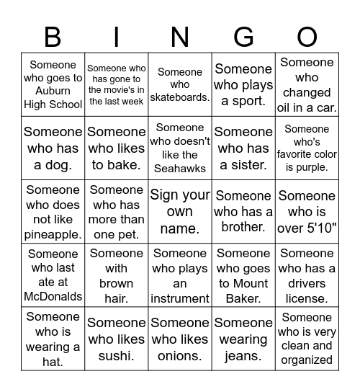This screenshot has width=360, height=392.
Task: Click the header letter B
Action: click(53, 36)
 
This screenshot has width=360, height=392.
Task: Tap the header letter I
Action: click(117, 36)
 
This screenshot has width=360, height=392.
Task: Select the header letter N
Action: click(180, 36)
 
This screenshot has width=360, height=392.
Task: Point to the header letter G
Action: click(243, 36)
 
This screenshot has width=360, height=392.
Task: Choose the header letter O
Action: click(307, 36)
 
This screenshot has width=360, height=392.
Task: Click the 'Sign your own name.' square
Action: click(180, 212)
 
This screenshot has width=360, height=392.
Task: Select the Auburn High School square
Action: click(53, 84)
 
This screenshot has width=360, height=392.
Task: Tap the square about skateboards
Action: click(180, 84)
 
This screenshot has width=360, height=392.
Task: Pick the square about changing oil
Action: click(307, 84)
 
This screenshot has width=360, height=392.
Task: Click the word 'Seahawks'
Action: click(180, 169)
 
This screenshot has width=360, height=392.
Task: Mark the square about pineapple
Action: click(53, 212)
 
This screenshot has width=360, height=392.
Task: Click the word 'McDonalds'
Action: click(53, 296)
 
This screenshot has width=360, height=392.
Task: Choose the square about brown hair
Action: click(117, 275)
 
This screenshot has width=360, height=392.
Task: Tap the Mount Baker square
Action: click(243, 275)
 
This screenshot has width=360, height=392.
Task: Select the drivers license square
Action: click(307, 275)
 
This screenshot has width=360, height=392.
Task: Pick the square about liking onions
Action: click(180, 339)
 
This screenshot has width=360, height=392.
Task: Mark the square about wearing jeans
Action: click(243, 339)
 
